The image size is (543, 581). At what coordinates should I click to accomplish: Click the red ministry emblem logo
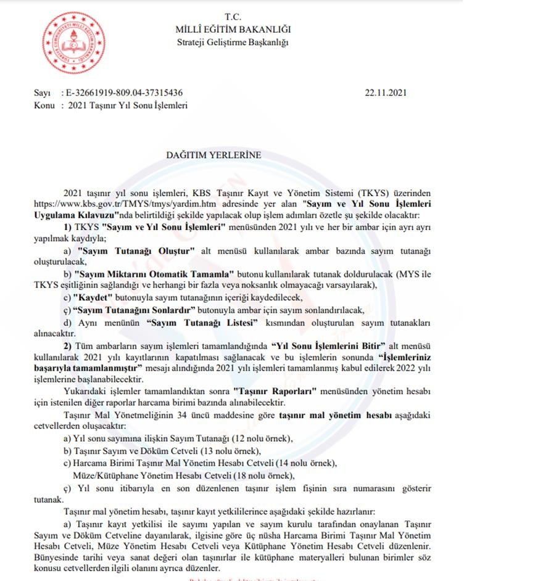(x=74, y=42)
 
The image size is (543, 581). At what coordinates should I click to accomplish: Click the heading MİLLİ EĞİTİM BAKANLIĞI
(x=233, y=30)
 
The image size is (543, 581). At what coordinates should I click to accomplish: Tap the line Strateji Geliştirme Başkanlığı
(x=233, y=42)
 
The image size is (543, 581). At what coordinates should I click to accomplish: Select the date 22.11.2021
(x=386, y=93)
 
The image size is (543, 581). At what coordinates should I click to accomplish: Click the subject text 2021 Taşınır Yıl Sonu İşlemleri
(x=128, y=105)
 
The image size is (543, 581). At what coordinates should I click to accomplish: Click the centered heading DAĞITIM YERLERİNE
(x=213, y=155)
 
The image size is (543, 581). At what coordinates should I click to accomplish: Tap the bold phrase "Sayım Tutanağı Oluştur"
(x=136, y=252)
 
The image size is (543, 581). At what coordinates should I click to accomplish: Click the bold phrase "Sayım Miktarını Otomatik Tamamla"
(x=153, y=273)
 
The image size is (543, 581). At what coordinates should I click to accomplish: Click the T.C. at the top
(x=233, y=17)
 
